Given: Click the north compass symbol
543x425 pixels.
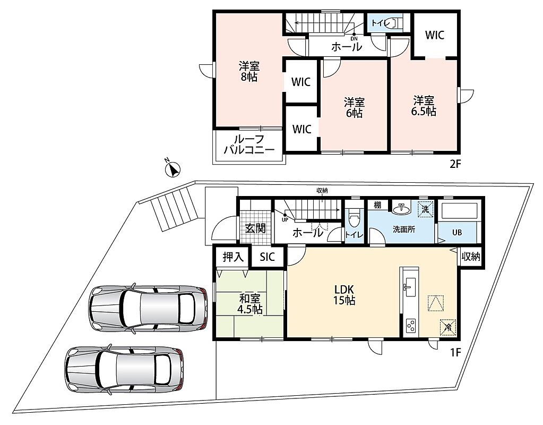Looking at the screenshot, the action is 173,168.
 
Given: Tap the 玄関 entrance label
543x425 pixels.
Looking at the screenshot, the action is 255,229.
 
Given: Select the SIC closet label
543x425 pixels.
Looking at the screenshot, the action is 268,257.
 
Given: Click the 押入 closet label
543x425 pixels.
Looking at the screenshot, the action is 232,257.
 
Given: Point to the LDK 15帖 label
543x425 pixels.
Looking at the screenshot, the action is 344,295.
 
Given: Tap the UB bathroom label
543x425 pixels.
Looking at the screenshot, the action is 457,233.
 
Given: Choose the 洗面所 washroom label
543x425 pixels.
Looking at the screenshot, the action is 404,229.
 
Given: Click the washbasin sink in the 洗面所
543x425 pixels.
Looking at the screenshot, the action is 402,208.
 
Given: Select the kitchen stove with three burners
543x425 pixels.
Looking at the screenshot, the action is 411,326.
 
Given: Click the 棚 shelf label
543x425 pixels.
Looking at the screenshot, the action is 377,205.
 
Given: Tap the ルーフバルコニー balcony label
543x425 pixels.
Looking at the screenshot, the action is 249,144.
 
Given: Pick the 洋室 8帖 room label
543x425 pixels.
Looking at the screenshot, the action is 249,71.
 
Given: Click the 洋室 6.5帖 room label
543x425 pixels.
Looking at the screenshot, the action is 423,106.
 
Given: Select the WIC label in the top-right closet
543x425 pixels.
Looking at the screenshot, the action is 435,35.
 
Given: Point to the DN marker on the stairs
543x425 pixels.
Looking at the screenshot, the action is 354,38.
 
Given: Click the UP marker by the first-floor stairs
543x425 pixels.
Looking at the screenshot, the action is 285,219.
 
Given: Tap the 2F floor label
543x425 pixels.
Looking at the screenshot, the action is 456,164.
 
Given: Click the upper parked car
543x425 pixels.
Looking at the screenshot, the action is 148,308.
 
